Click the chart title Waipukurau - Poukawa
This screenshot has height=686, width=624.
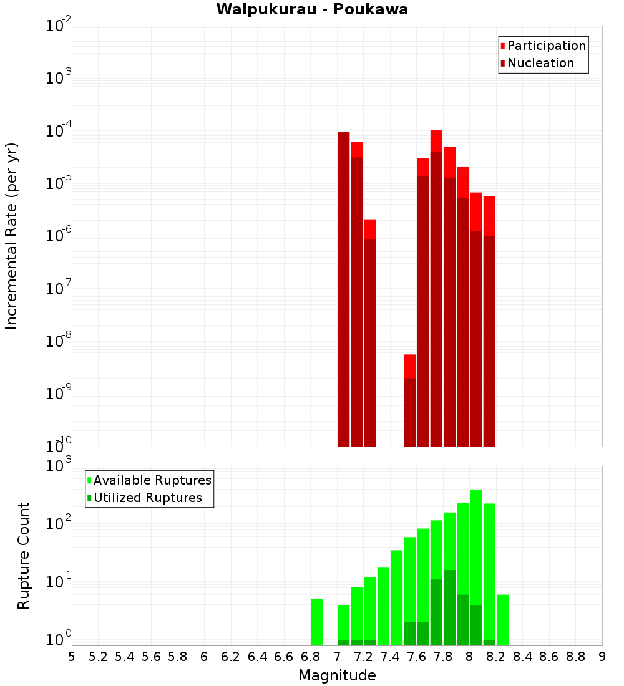(312, 9)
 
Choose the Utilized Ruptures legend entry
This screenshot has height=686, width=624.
(147, 498)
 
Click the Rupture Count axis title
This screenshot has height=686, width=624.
(24, 556)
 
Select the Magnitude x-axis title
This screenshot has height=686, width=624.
(337, 675)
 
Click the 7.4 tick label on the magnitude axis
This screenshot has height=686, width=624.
(390, 657)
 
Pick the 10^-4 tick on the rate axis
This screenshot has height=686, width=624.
(59, 132)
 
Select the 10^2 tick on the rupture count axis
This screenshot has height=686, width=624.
(59, 524)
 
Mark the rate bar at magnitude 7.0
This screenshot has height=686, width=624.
(344, 287)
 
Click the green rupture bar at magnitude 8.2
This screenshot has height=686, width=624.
(489, 574)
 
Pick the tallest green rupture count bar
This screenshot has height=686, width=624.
(476, 561)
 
